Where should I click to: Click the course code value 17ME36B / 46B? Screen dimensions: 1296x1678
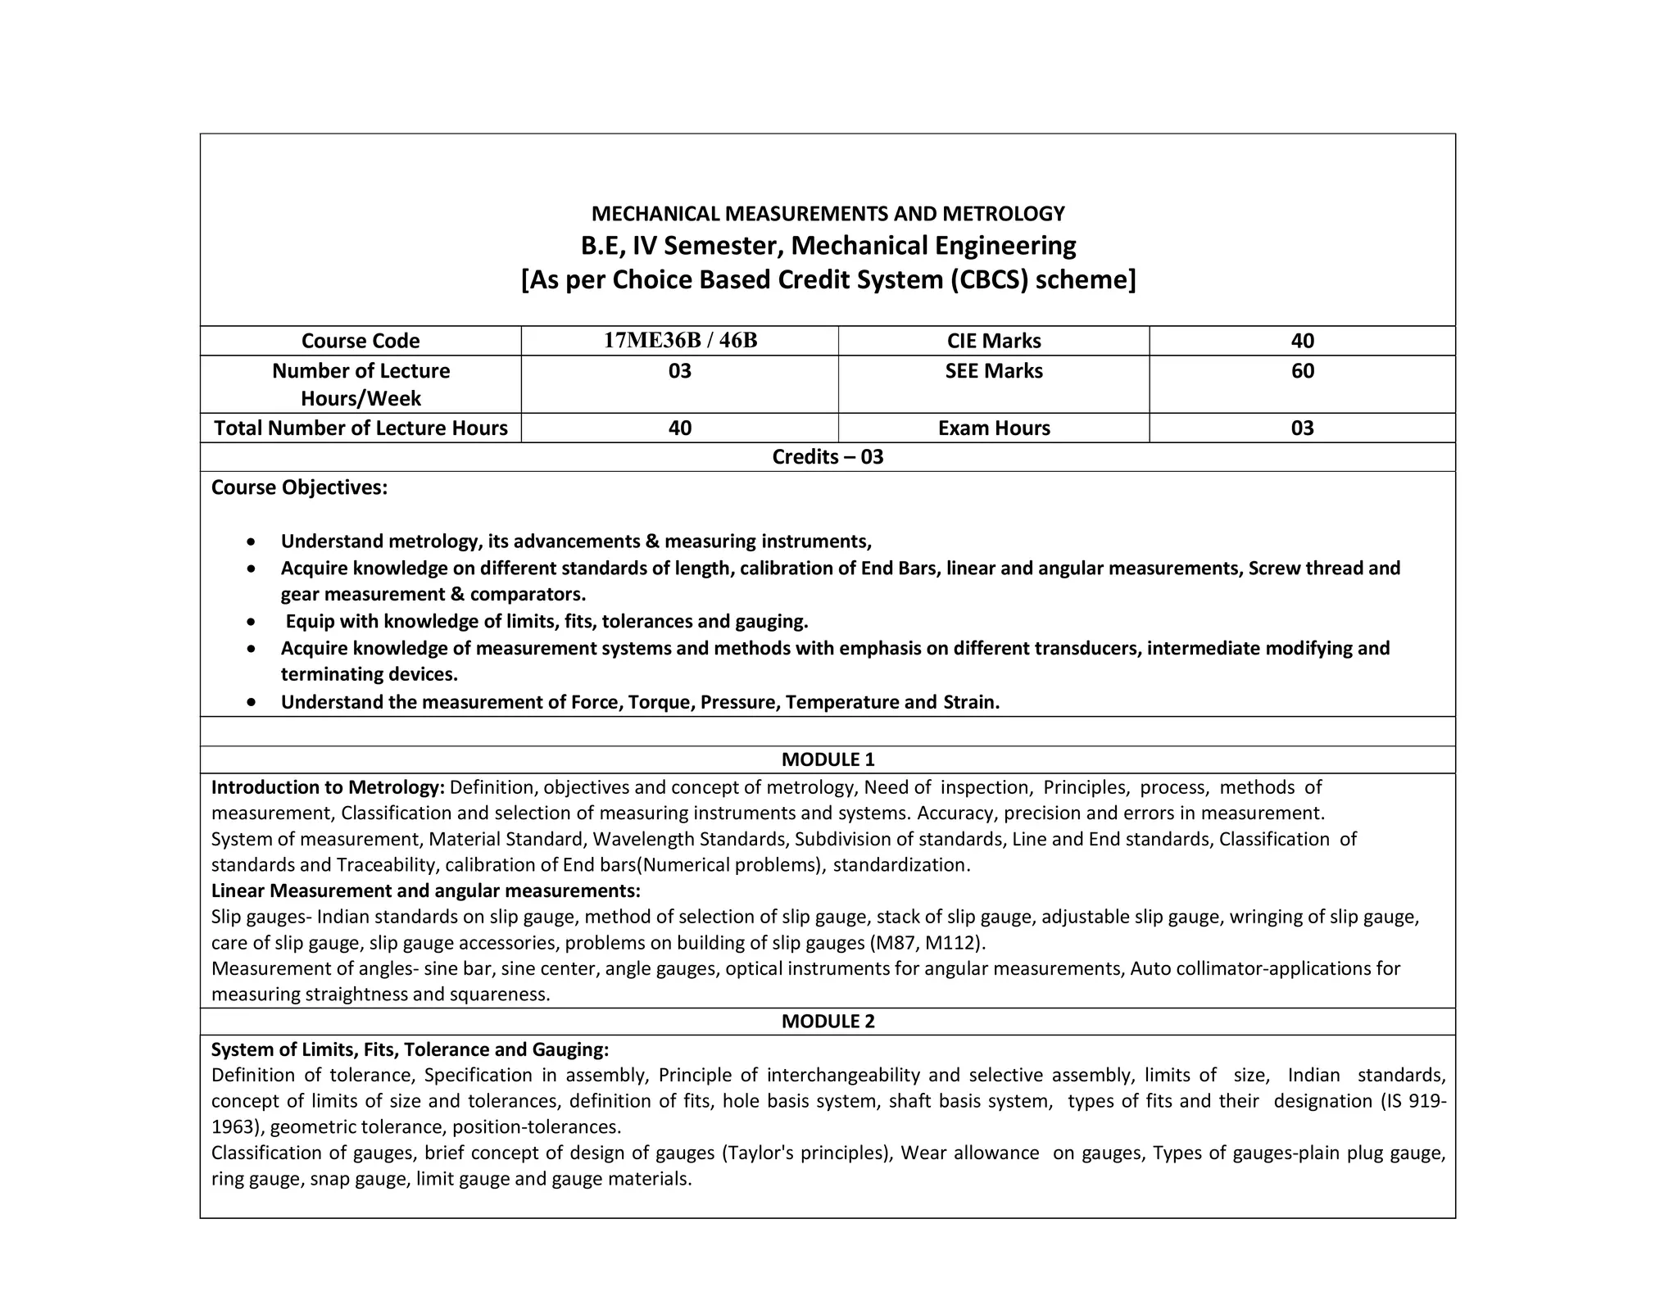coord(680,341)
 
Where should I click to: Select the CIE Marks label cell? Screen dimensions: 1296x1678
coord(993,341)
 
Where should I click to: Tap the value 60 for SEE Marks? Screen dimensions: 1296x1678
coord(1302,371)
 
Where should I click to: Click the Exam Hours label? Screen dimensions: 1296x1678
coord(993,428)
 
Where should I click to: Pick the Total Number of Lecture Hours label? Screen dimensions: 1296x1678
coord(361,428)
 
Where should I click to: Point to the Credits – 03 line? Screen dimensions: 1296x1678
coord(828,457)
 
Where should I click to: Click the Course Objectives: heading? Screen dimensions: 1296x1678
coord(299,487)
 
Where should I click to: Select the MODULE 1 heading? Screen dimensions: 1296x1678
coord(828,759)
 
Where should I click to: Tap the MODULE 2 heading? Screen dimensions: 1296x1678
coord(828,1022)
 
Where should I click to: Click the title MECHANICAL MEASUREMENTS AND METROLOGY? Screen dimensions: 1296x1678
coord(828,214)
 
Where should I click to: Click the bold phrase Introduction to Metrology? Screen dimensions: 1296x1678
coord(328,788)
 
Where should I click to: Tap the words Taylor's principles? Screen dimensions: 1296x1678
coord(806,1153)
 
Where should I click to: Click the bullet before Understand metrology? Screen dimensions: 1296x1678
coord(252,542)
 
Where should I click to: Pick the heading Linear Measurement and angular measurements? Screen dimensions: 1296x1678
coord(425,890)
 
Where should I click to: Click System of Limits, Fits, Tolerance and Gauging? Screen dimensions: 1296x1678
coord(410,1050)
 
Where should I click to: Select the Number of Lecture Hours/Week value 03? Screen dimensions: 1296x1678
coord(679,371)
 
